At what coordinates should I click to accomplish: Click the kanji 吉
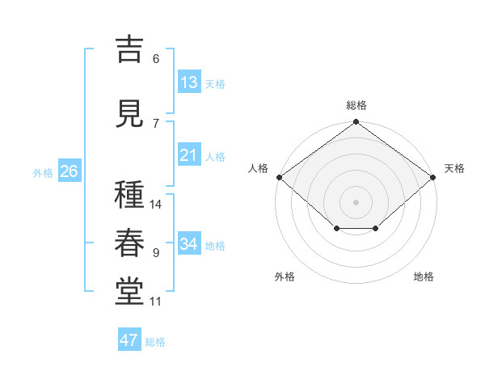(x=129, y=49)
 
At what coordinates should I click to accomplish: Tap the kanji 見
(x=129, y=113)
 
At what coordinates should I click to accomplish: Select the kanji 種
(x=129, y=194)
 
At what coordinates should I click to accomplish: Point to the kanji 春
(x=129, y=243)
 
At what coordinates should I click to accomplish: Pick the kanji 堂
(x=129, y=292)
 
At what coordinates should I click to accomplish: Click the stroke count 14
(x=155, y=205)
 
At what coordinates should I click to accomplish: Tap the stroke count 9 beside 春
(x=156, y=253)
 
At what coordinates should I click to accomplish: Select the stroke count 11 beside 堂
(x=155, y=302)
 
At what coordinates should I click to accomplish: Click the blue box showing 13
(x=189, y=82)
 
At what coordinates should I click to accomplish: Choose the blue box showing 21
(x=189, y=154)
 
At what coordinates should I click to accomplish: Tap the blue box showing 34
(x=189, y=243)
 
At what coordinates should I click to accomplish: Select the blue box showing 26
(x=70, y=171)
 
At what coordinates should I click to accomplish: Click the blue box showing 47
(x=129, y=339)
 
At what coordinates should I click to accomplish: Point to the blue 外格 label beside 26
(x=43, y=173)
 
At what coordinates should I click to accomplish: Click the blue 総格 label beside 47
(x=155, y=342)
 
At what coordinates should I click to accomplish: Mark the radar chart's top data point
(x=356, y=121)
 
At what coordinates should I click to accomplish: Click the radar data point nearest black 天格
(x=433, y=177)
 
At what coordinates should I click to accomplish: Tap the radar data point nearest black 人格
(x=280, y=177)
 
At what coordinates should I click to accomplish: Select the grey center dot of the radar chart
(x=356, y=202)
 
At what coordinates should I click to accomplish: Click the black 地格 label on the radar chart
(x=424, y=277)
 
